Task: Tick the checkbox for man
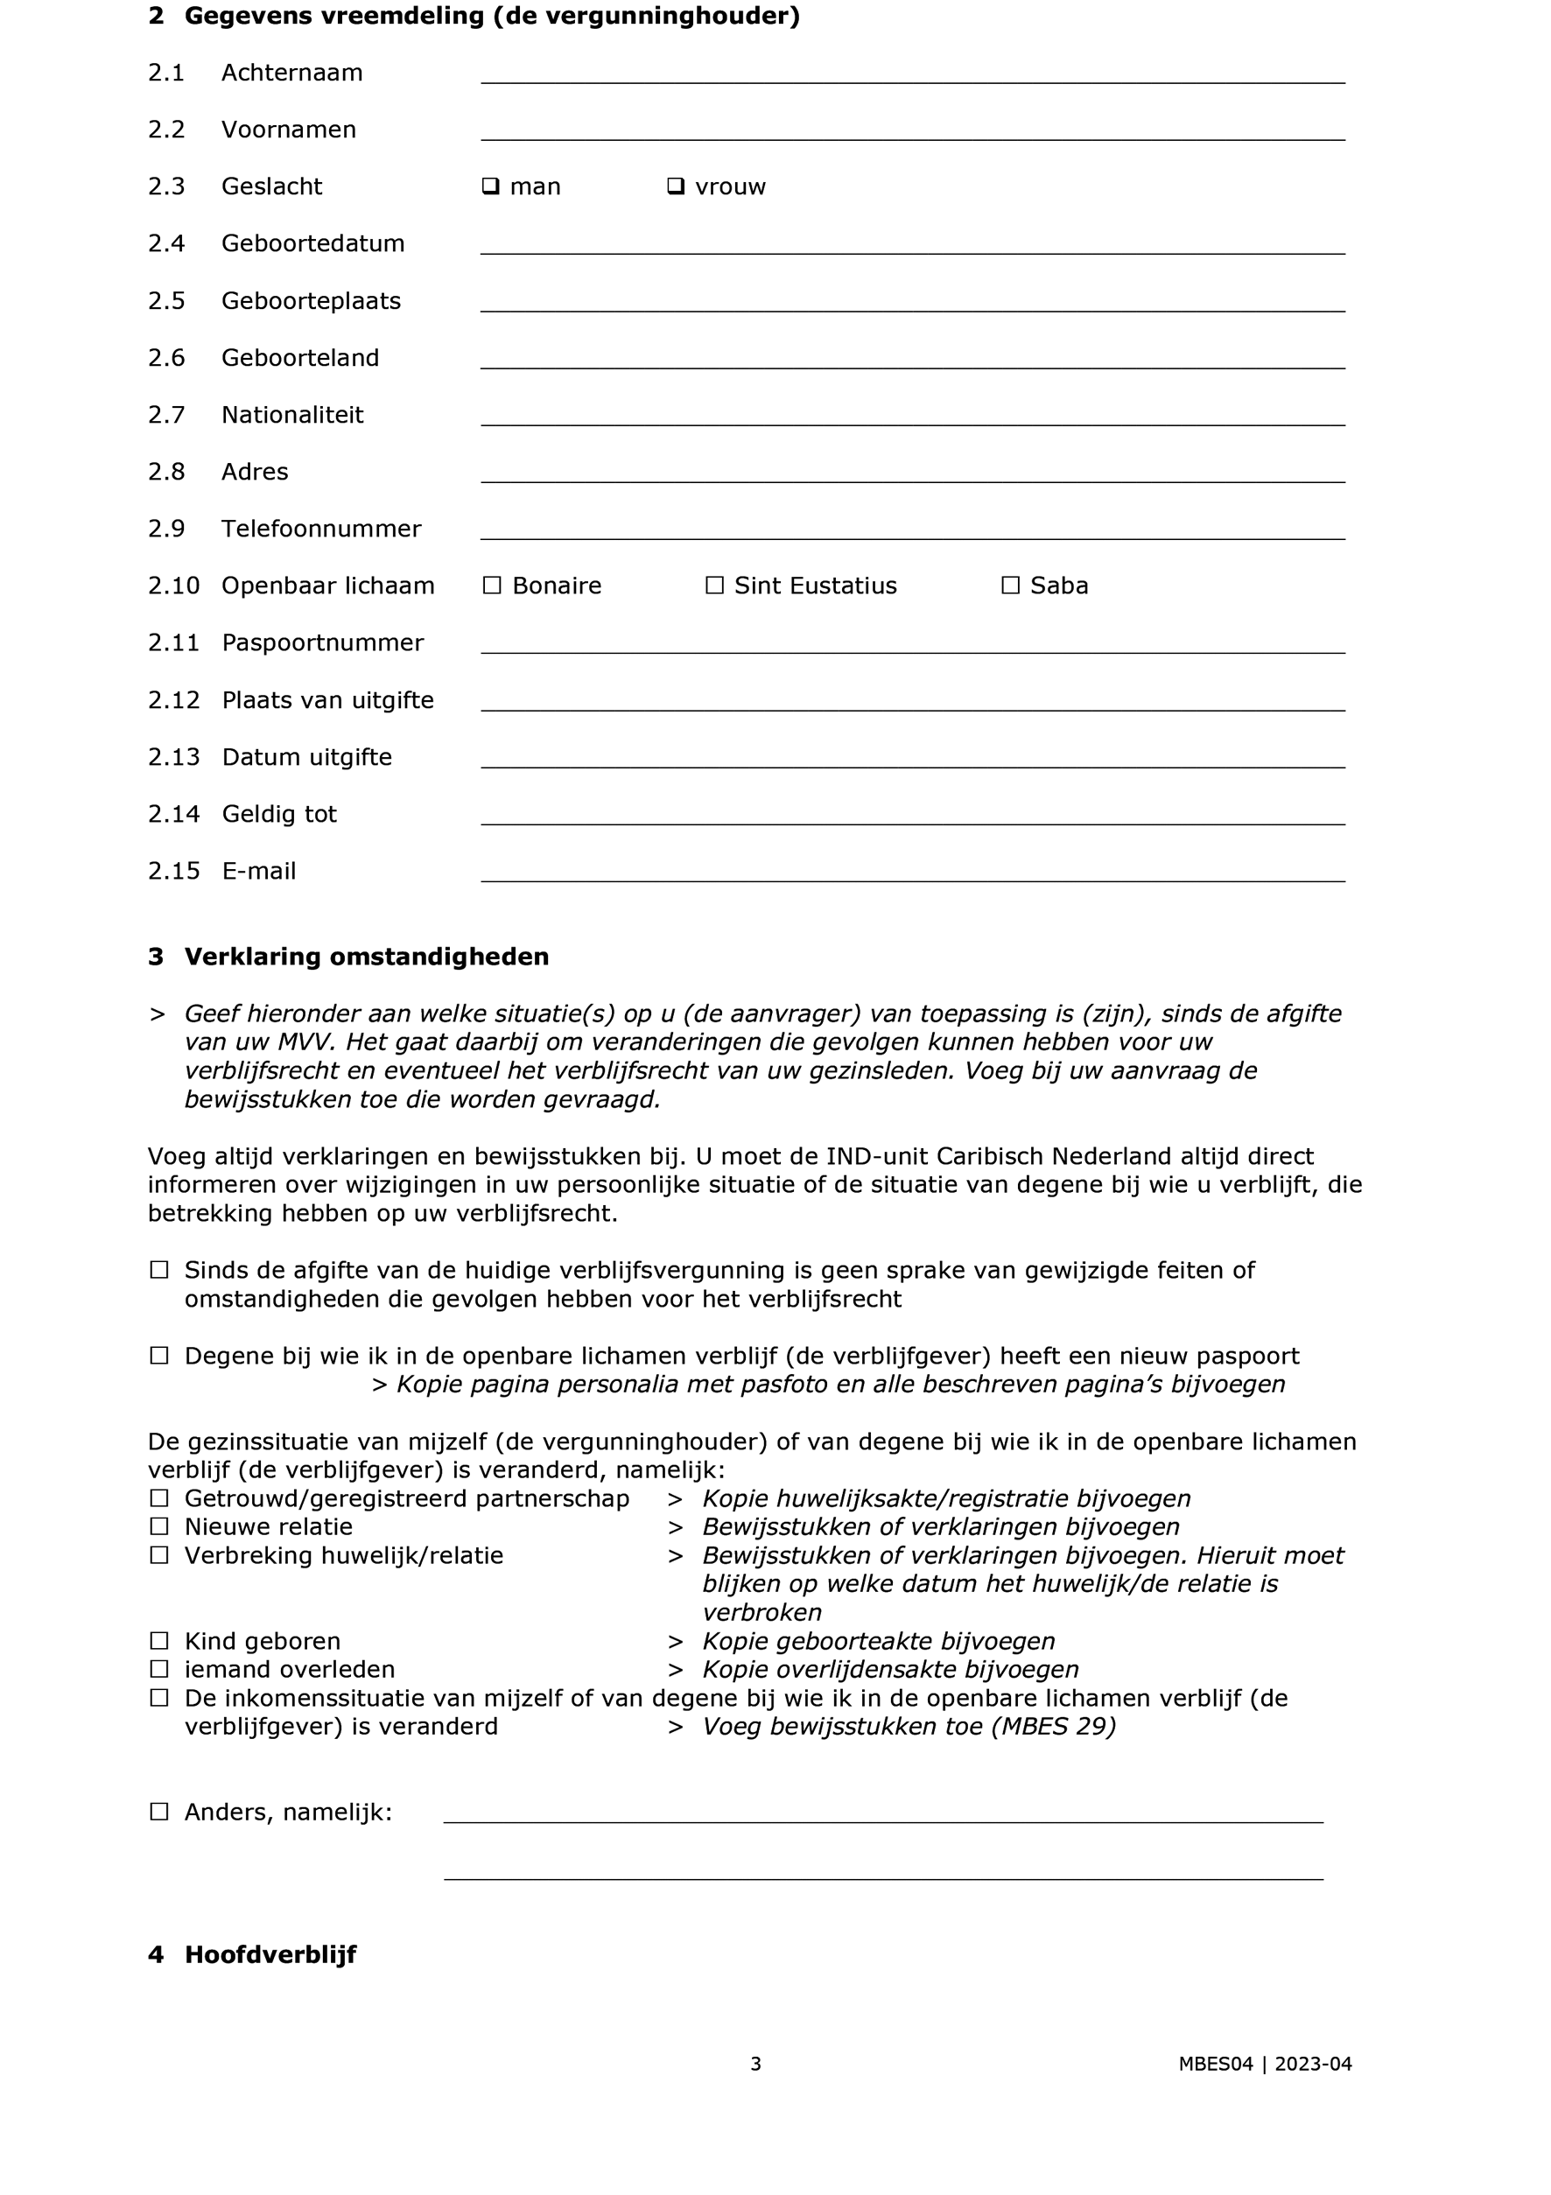[x=490, y=186]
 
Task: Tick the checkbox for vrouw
[x=675, y=186]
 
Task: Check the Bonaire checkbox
[x=493, y=586]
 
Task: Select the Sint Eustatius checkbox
[x=714, y=586]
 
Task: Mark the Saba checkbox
[x=1011, y=586]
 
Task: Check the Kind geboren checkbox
[x=158, y=1642]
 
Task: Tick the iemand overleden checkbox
[x=158, y=1670]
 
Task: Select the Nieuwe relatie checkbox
[x=158, y=1526]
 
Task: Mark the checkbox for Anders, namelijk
[x=158, y=1812]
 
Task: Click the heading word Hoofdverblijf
[x=270, y=1955]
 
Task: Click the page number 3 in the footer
[x=755, y=2064]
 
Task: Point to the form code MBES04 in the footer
[x=1214, y=2064]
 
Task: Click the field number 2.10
[x=173, y=586]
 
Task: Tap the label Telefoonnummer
[x=320, y=529]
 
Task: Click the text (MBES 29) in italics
[x=1054, y=1727]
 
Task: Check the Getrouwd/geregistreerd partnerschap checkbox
[x=158, y=1498]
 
